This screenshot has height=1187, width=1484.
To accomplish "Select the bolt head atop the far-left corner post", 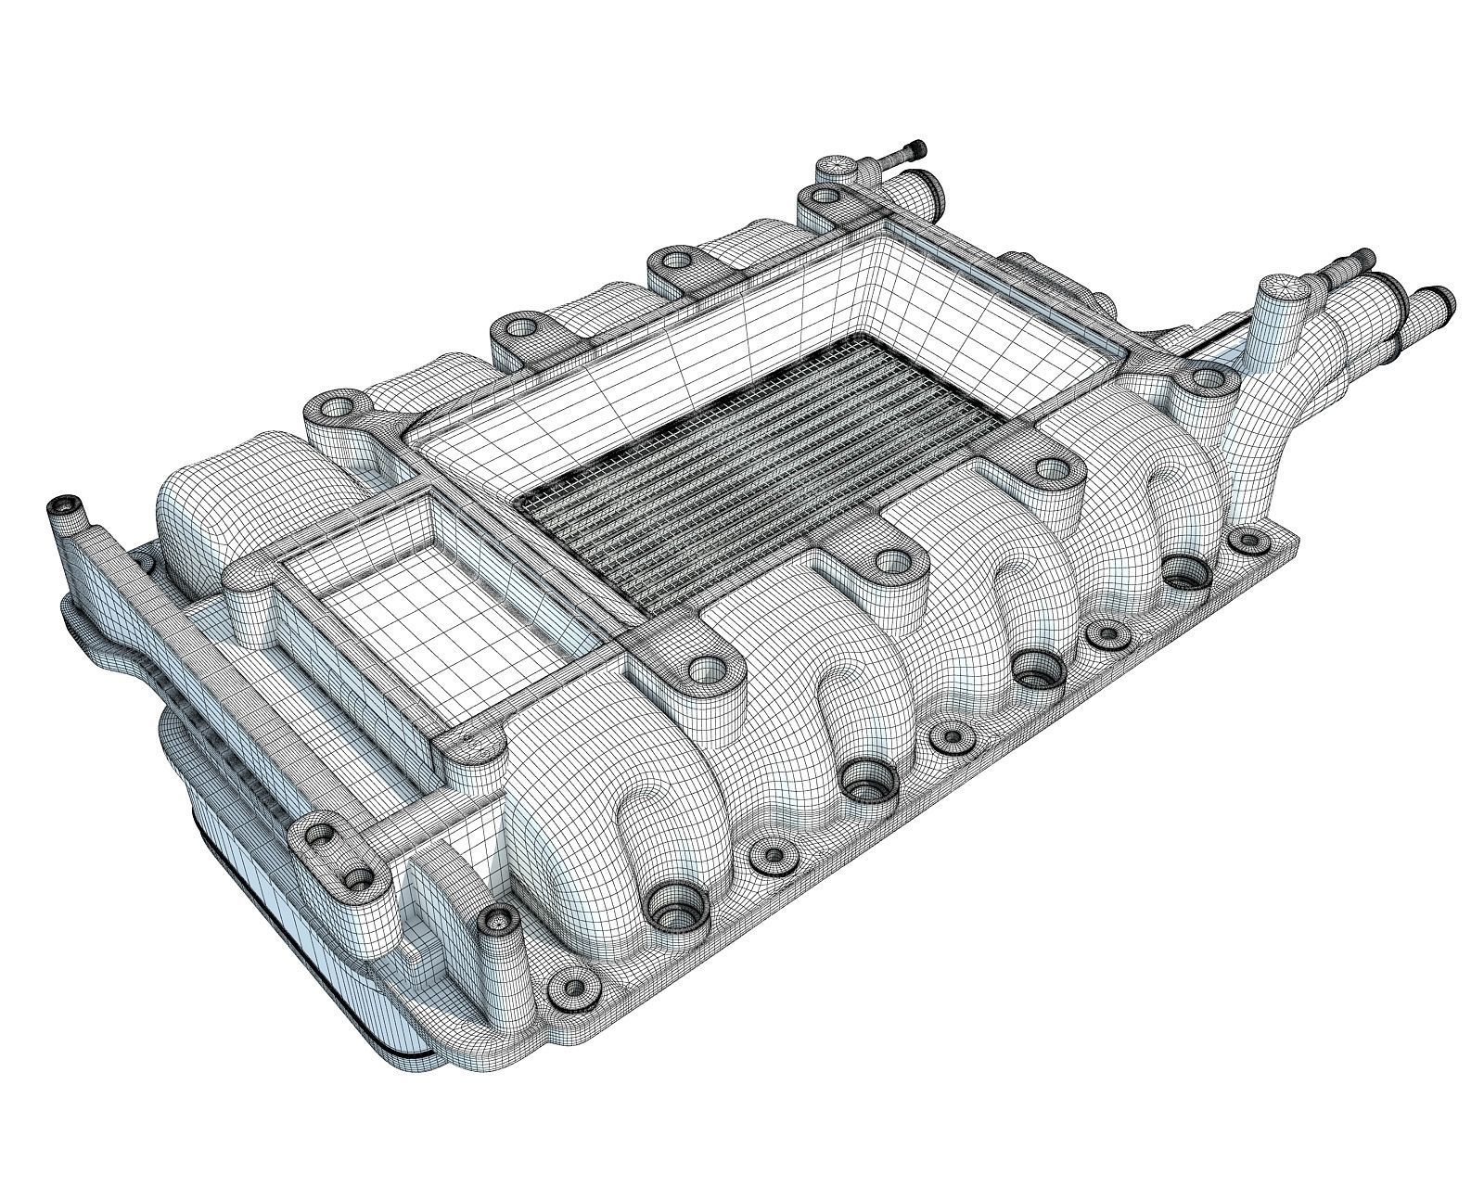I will (63, 505).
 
